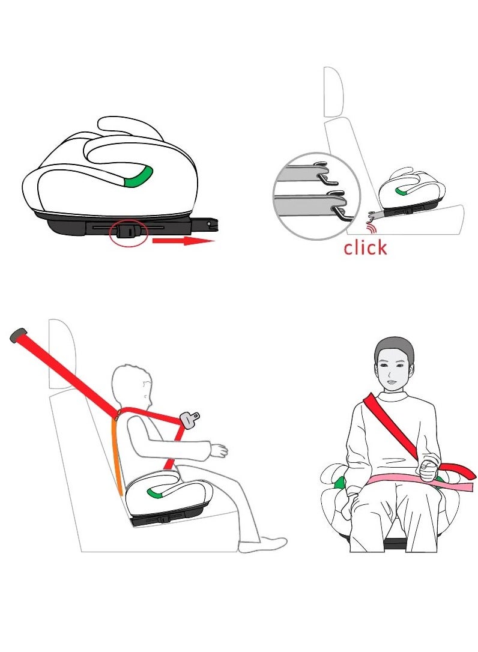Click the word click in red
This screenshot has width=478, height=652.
tap(365, 246)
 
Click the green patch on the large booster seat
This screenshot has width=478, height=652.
tap(138, 177)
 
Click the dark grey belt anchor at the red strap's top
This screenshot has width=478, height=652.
tap(17, 334)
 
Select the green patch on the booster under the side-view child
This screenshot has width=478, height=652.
tap(156, 493)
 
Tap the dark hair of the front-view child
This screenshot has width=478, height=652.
tap(394, 348)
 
